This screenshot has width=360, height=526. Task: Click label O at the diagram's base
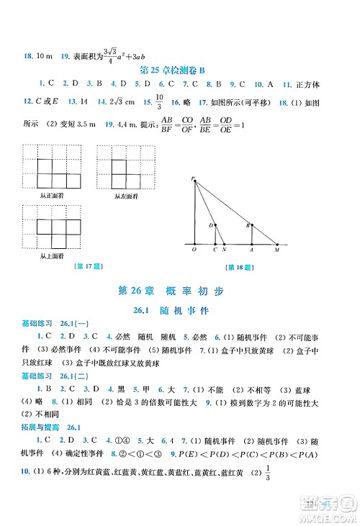(x=194, y=250)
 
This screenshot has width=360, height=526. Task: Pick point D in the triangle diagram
(x=212, y=226)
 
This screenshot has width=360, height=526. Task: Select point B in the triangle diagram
(x=248, y=225)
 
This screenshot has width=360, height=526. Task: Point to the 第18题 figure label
(x=238, y=268)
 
